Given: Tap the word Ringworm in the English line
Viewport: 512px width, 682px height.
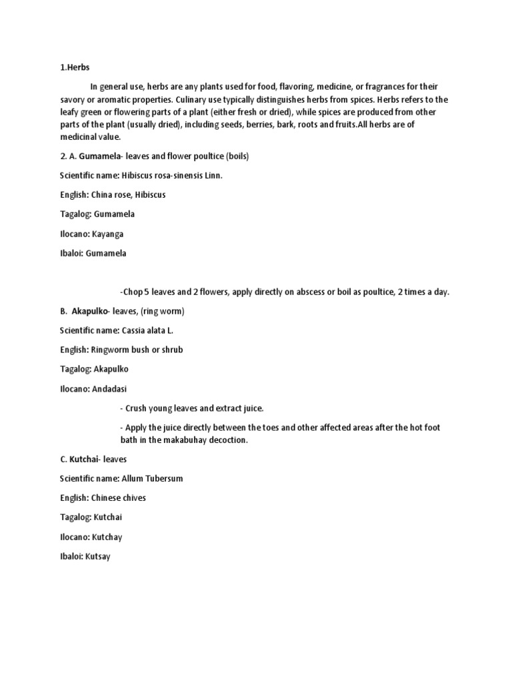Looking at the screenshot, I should (120, 350).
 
